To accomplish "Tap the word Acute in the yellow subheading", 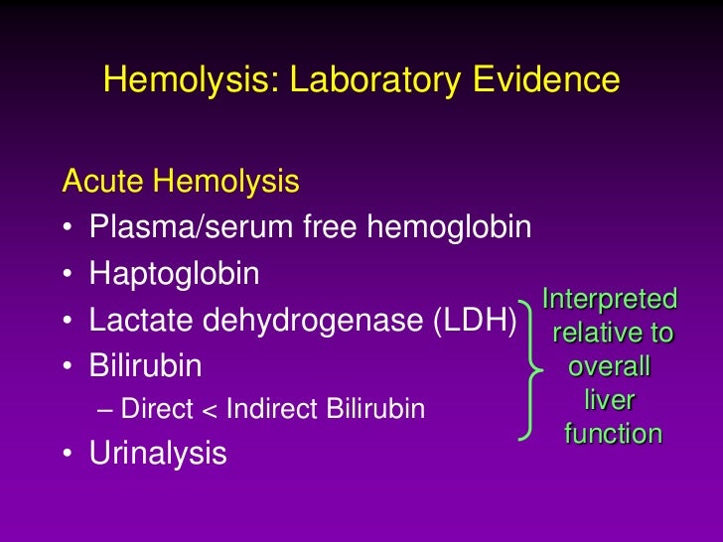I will (x=103, y=182).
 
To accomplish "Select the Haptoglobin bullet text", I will (x=174, y=275).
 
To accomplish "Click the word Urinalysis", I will (x=157, y=454).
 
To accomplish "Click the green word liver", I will (x=610, y=401).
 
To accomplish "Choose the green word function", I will (x=612, y=434).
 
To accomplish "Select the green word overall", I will (x=609, y=367).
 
